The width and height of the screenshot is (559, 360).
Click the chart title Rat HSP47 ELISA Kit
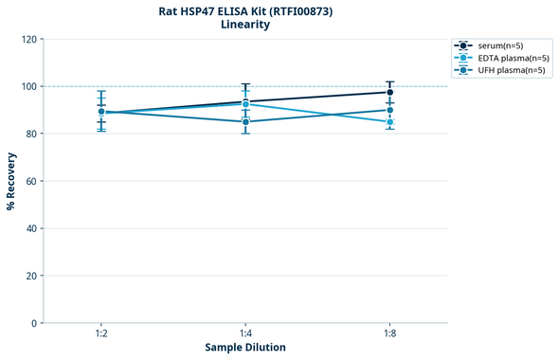point(245,10)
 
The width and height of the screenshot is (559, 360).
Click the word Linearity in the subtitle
point(245,25)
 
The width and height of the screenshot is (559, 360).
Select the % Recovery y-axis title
point(11,180)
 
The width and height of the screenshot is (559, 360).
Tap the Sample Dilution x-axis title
point(245,348)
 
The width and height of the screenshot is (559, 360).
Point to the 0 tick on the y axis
point(34,323)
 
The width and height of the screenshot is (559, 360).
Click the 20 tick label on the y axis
point(31,276)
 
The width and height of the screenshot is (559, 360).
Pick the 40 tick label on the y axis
point(31,228)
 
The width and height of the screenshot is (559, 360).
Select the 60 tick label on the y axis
point(31,181)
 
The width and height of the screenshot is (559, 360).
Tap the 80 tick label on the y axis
point(31,134)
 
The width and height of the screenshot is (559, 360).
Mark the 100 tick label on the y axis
point(28,86)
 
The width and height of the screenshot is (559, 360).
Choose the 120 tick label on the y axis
point(28,39)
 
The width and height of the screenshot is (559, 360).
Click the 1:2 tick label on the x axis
point(101,334)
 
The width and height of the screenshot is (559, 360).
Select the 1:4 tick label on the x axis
point(245,334)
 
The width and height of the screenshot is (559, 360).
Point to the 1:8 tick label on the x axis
point(390,334)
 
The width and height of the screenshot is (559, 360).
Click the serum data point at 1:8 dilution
point(390,92)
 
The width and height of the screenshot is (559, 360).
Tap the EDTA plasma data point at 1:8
point(390,122)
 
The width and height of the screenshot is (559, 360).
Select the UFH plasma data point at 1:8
point(390,110)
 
